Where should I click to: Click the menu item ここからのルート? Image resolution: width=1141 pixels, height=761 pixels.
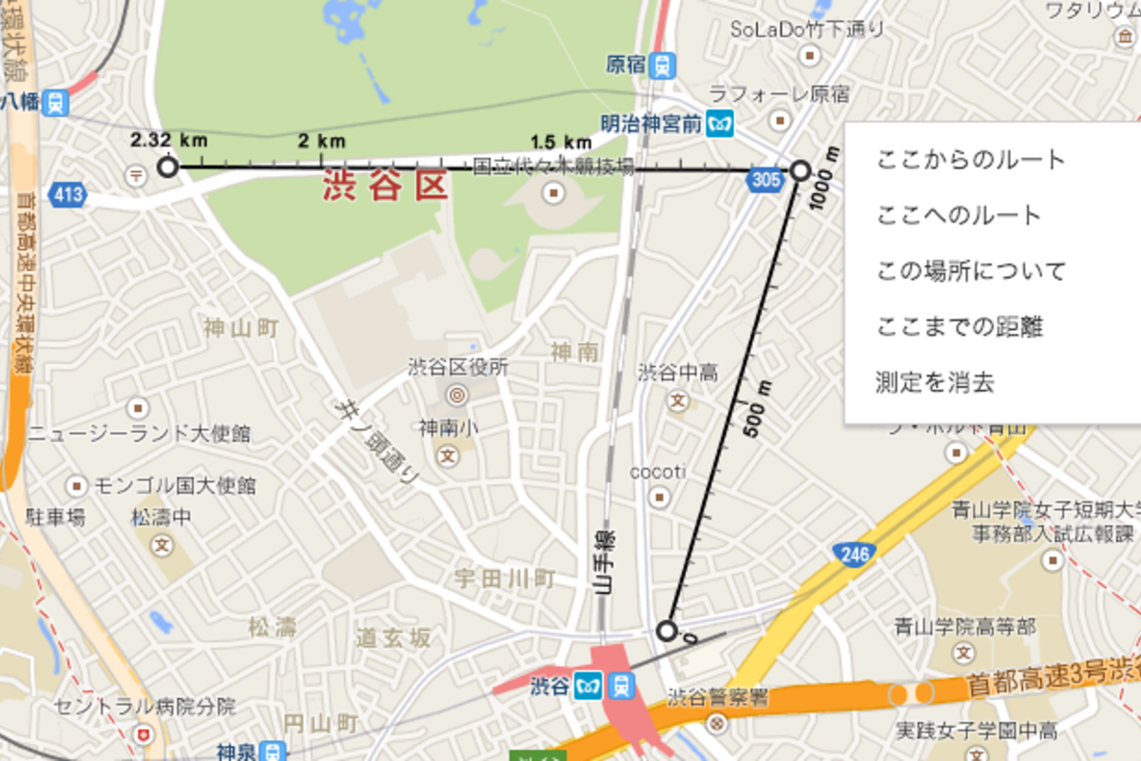(970, 160)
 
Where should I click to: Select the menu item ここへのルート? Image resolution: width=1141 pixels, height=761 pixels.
(958, 216)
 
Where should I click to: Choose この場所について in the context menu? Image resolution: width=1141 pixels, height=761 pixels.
(970, 271)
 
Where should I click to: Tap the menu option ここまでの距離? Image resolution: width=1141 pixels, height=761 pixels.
(959, 327)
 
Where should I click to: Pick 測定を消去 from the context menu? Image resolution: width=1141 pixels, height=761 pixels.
(935, 383)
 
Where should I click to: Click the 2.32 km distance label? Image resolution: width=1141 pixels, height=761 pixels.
(168, 140)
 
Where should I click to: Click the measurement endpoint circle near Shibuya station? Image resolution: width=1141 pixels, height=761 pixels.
(667, 631)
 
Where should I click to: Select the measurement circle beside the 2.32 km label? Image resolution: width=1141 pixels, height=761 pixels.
(168, 168)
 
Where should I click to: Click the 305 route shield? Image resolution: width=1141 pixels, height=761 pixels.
(765, 179)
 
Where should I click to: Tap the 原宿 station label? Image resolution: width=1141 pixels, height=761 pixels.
(627, 65)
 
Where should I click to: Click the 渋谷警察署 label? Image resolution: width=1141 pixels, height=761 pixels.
(717, 697)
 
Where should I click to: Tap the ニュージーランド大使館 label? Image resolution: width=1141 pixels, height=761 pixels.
(139, 434)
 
